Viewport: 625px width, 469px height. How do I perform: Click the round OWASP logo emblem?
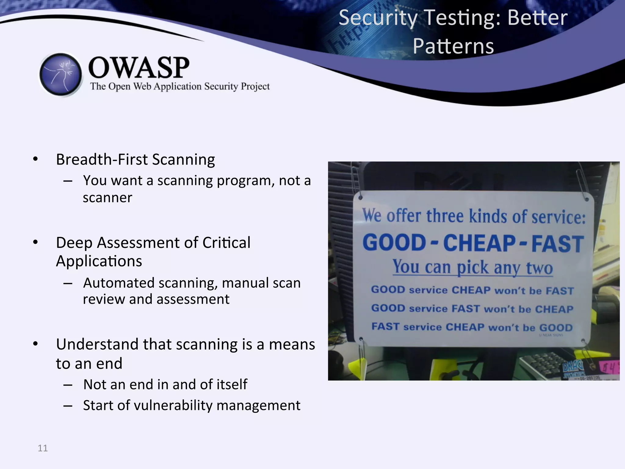tap(61, 74)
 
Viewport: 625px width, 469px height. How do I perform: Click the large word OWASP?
tap(139, 67)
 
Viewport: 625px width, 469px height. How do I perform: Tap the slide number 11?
tap(43, 448)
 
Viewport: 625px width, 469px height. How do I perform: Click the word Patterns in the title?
tap(453, 46)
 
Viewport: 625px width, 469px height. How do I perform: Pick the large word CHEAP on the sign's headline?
tap(479, 243)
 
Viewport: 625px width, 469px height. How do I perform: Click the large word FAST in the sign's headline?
tap(558, 244)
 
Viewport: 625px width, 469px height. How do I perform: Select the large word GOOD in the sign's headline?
tap(394, 243)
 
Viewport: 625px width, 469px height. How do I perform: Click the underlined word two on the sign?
tap(540, 268)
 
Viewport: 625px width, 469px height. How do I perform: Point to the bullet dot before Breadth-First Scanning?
tap(36, 159)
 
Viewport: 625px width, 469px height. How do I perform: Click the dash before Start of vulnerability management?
tap(68, 406)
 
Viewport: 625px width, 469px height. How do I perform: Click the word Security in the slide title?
tap(378, 18)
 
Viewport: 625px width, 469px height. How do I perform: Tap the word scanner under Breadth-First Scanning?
tap(107, 198)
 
